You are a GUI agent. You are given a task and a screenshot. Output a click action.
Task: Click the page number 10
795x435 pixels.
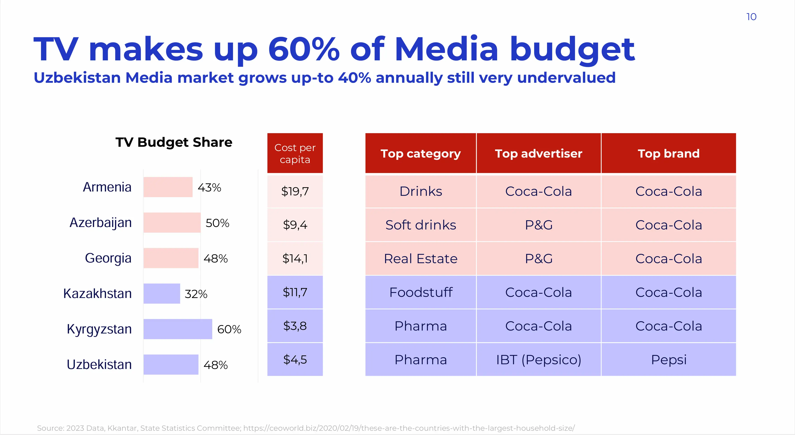751,17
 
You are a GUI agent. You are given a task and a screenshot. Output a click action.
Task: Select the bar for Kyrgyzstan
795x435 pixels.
178,329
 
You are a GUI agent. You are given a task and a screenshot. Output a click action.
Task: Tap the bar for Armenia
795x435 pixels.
168,187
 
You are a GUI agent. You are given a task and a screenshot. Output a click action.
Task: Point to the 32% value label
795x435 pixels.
196,294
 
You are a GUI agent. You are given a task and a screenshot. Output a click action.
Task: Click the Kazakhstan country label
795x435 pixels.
97,293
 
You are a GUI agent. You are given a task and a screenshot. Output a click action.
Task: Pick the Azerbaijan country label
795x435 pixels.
101,223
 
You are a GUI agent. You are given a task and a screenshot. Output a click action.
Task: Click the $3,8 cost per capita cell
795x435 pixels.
295,326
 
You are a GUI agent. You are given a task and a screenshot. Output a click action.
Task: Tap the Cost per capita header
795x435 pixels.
295,154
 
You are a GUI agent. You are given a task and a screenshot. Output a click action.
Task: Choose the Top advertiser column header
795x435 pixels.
538,154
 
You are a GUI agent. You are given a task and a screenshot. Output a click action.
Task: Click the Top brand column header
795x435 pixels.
668,154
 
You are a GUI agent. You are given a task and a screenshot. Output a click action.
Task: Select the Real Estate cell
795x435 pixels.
421,259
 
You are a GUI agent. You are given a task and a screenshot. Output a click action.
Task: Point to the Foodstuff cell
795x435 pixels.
421,292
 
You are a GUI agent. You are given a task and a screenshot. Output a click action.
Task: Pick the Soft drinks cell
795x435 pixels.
421,225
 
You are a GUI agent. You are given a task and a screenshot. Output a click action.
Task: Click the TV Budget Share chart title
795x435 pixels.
174,142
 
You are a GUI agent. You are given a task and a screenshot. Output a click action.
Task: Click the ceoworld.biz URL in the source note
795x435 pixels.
409,428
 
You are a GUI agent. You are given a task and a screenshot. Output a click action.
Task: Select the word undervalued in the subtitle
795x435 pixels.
566,78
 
